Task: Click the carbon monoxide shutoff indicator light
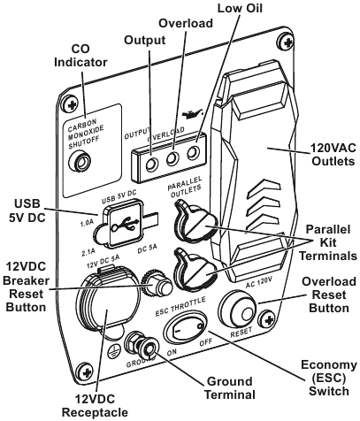coord(80,162)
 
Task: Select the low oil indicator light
coord(194,153)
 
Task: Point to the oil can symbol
coord(192,114)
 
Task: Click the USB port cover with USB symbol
coord(123,224)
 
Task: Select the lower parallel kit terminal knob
coord(195,269)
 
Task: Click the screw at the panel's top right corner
coord(286,42)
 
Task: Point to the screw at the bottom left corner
coord(83,371)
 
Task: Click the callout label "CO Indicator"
coord(80,56)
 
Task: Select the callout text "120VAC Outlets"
coord(333,155)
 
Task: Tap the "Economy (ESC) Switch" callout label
coord(328,379)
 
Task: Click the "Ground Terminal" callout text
coord(230,388)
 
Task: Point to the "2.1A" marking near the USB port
coord(88,252)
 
